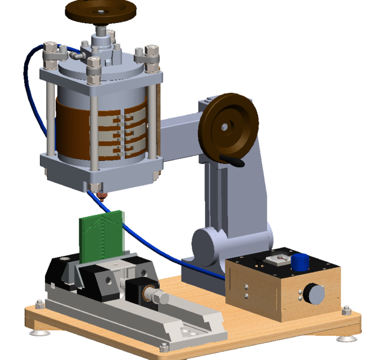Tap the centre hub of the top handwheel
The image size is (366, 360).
pyautogui.click(x=100, y=10)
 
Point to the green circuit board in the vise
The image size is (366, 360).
pyautogui.click(x=101, y=236)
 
